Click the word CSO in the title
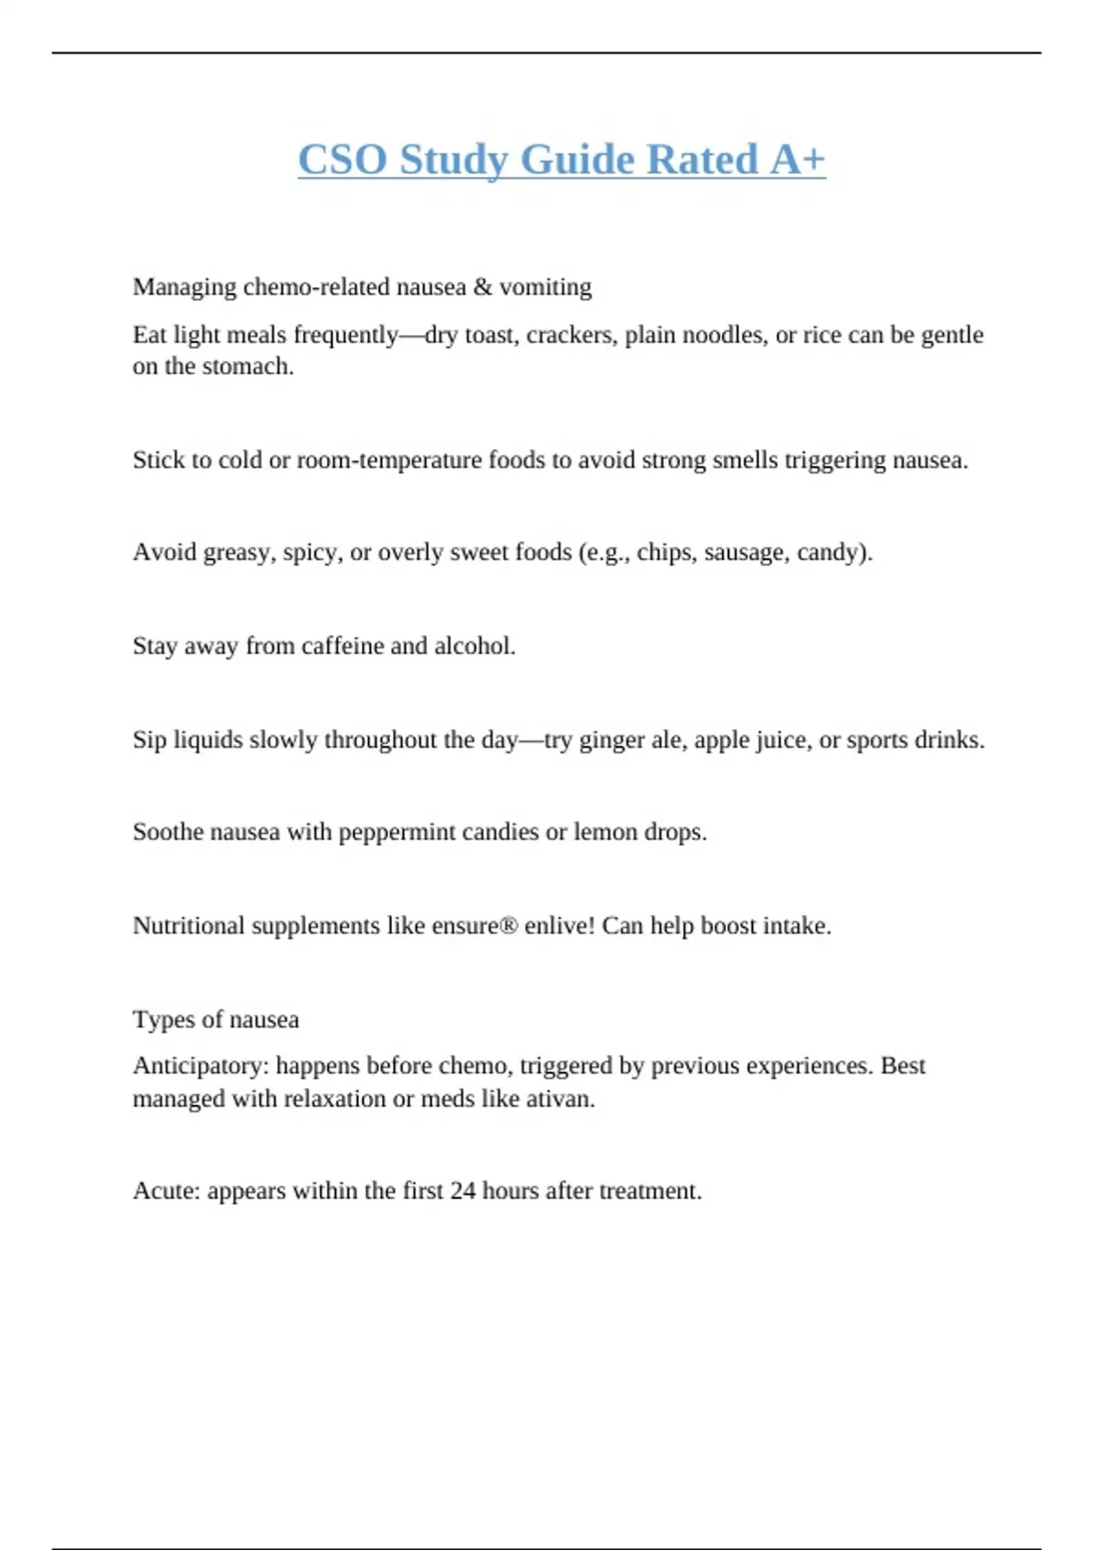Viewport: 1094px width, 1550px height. point(342,160)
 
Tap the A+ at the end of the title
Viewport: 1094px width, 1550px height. point(798,160)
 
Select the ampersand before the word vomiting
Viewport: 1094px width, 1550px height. point(482,287)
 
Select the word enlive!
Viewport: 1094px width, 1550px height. point(560,925)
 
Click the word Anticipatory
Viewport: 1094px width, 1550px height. point(201,1066)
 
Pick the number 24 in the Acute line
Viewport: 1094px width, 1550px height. point(462,1192)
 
